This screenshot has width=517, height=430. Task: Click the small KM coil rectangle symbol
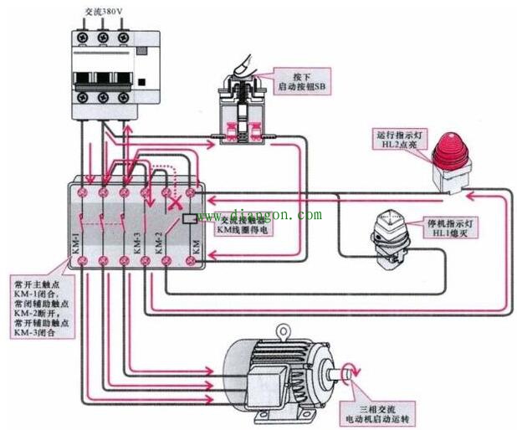pos(189,219)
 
